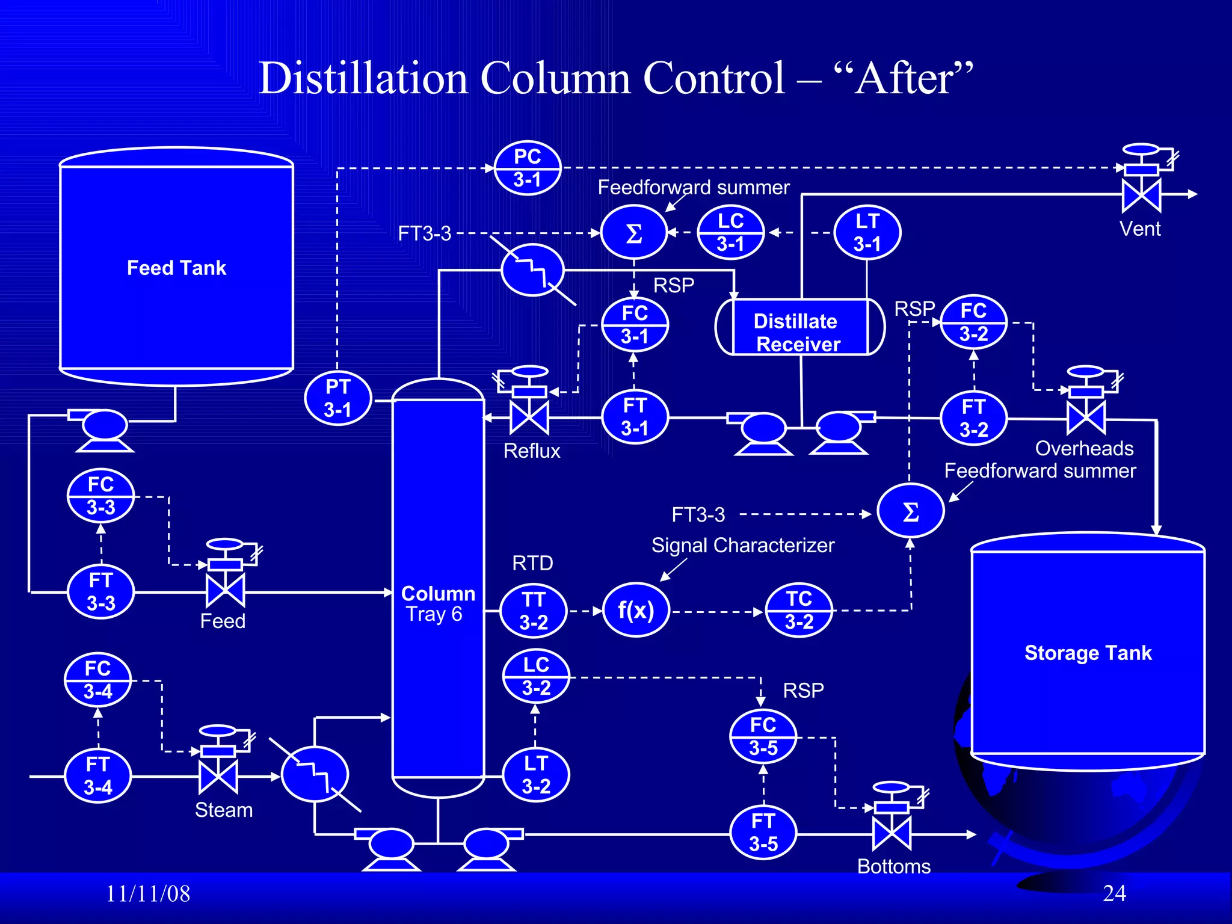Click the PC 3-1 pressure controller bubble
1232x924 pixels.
528,168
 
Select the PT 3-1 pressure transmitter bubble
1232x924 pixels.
338,398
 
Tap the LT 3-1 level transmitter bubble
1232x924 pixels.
867,232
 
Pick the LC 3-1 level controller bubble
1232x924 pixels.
730,232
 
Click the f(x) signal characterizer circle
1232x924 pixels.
636,610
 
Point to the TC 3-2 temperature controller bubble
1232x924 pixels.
799,610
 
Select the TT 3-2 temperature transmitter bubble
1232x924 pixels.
534,611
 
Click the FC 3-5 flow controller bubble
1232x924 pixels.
763,736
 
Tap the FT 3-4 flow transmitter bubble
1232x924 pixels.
97,775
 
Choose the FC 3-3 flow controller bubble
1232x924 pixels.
100,496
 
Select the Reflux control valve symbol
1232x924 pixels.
529,417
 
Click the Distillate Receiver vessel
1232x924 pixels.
799,327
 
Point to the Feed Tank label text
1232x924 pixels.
176,268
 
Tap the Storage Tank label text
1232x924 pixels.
1088,653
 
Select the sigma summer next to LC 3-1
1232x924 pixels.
634,233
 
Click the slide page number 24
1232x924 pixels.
1114,893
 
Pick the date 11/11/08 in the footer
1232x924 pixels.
148,894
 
